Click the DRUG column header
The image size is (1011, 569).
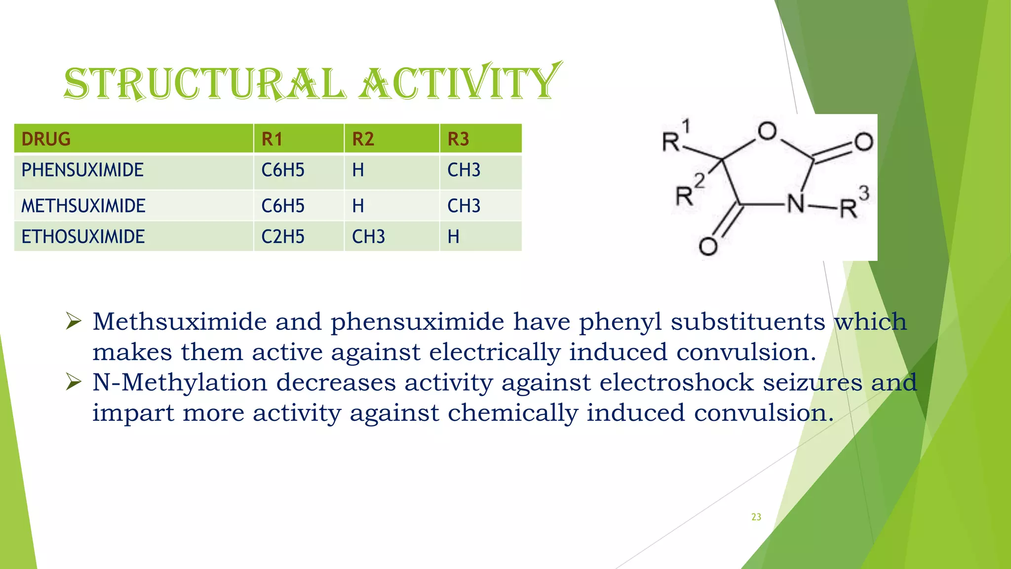46,139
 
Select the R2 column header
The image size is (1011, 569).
363,139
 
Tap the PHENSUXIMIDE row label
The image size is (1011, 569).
82,170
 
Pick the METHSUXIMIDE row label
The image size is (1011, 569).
83,206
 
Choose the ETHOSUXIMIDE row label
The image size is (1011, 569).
83,237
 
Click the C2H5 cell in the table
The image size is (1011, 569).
283,237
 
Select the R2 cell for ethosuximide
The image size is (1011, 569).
368,237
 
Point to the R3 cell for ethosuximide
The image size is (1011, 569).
453,237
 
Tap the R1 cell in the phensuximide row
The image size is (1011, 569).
283,170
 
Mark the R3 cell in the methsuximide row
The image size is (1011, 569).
464,206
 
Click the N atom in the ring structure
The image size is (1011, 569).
796,203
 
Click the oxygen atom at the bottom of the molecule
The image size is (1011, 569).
708,246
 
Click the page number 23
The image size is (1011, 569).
756,517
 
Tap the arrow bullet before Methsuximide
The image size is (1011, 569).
74,322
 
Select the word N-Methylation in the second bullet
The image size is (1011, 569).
180,383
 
